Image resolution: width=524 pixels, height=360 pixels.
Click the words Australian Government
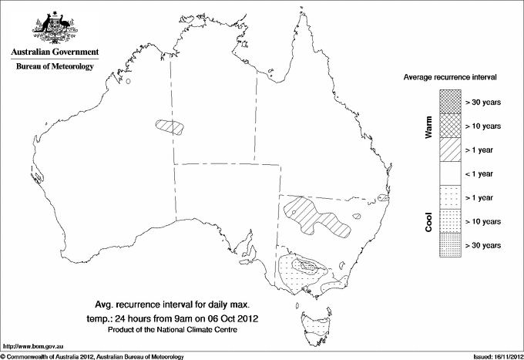pyautogui.click(x=54, y=53)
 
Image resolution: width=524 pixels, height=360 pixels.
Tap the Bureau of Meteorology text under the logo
pyautogui.click(x=54, y=67)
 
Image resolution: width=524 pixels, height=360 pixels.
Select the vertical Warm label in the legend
pyautogui.click(x=428, y=126)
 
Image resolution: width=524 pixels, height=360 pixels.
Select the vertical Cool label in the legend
pyautogui.click(x=428, y=220)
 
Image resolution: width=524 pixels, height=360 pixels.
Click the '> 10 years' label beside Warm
pyautogui.click(x=483, y=126)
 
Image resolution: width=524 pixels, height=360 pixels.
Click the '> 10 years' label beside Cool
pyautogui.click(x=483, y=221)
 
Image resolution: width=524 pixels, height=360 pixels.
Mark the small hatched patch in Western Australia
pyautogui.click(x=170, y=126)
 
